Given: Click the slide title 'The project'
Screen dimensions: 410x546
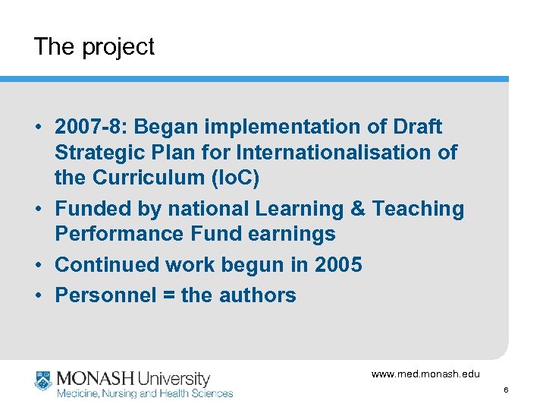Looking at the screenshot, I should click(93, 47).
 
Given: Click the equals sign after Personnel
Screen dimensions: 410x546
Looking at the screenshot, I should click(166, 295).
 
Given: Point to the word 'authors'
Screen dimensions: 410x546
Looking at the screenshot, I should click(257, 295).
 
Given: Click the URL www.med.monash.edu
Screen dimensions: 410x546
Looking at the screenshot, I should click(425, 374).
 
